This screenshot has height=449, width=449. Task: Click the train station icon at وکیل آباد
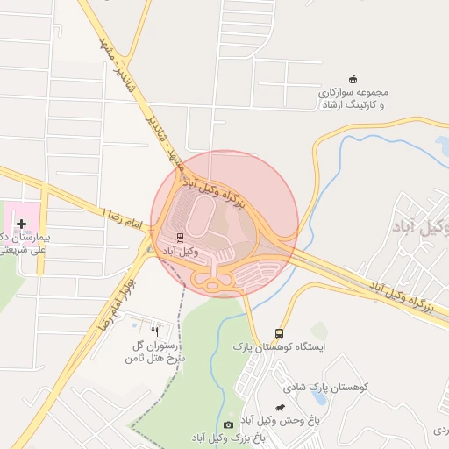pyautogui.click(x=181, y=237)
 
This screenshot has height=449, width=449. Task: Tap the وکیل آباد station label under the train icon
pyautogui.click(x=181, y=251)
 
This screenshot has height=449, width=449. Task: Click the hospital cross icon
pyautogui.click(x=21, y=224)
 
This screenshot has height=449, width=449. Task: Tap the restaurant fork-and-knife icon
pyautogui.click(x=155, y=331)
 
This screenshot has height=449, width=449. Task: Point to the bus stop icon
pyautogui.click(x=279, y=333)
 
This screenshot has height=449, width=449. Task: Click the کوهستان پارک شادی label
pyautogui.click(x=327, y=387)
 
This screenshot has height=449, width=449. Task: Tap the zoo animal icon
pyautogui.click(x=279, y=407)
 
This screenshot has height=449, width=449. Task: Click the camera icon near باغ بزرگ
pyautogui.click(x=229, y=425)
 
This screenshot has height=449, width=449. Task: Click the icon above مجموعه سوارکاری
pyautogui.click(x=353, y=79)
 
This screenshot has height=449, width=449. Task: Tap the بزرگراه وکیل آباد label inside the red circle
pyautogui.click(x=210, y=189)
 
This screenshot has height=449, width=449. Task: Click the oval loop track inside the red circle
pyautogui.click(x=201, y=215)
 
